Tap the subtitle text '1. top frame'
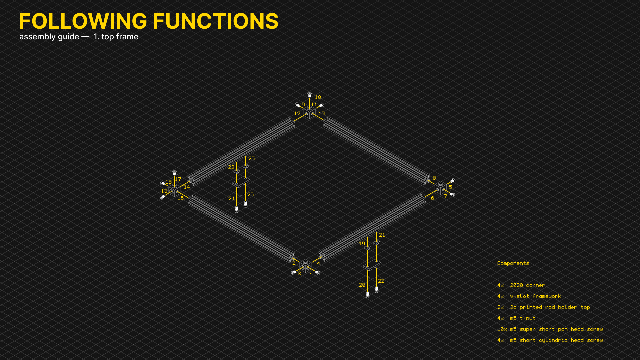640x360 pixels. tap(116, 37)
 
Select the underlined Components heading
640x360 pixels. tap(513, 263)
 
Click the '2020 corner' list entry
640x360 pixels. tap(527, 285)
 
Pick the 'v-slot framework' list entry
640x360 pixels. tap(535, 296)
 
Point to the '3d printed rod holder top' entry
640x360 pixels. tap(550, 307)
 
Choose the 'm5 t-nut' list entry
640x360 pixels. tap(523, 318)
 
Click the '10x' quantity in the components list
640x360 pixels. tap(502, 329)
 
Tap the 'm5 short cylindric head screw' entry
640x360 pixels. tap(556, 340)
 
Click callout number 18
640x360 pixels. tap(318, 97)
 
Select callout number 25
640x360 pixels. tap(251, 159)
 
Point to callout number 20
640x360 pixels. tap(362, 285)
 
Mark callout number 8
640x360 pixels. tap(434, 178)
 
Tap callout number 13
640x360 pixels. tap(164, 191)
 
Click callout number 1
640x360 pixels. tap(311, 275)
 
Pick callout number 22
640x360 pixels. tap(381, 281)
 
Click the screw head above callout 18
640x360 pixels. tap(309, 94)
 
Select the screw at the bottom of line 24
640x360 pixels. tap(237, 209)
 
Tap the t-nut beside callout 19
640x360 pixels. tap(367, 248)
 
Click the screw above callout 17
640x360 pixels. tap(174, 172)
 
